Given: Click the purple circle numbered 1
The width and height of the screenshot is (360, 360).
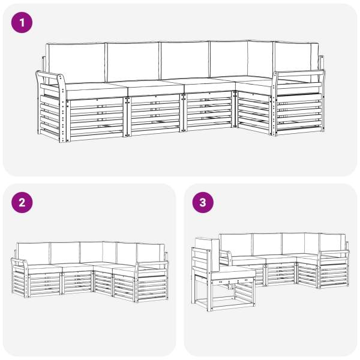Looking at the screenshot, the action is (22, 23).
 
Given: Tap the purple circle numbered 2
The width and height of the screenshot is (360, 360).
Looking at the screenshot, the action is (22, 203).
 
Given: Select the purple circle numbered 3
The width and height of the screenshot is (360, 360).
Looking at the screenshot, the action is (203, 203).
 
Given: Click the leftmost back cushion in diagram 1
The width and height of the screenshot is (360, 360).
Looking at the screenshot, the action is (77, 63).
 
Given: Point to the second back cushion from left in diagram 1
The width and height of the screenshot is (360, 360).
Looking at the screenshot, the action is (133, 62).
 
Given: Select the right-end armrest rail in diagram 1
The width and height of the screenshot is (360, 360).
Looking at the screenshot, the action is (298, 73).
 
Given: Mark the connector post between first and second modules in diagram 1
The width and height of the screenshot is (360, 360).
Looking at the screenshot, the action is (127, 116).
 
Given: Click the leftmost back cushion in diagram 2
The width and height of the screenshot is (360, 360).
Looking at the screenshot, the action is (34, 253).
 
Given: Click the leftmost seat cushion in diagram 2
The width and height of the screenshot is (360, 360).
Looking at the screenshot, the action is (44, 269).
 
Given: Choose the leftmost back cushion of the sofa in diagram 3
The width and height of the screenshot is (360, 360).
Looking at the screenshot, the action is (236, 245).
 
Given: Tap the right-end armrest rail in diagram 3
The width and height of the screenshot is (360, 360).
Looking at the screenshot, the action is (334, 253).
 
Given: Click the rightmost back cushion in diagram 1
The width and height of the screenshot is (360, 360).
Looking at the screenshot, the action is (296, 61).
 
